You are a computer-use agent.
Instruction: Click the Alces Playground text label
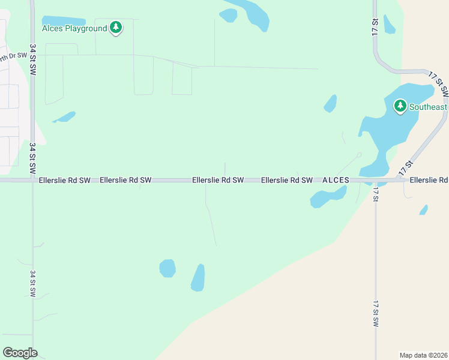point(74,28)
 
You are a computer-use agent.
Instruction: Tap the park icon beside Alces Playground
point(116,28)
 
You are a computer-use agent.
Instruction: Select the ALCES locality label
point(336,180)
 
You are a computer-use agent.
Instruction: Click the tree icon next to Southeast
point(400,107)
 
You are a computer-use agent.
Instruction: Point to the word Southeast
point(428,107)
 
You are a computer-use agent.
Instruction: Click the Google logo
point(20,353)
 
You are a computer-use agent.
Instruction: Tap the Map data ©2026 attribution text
point(423,355)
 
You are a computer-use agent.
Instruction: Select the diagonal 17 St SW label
point(438,83)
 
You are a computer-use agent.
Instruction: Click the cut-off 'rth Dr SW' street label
point(13,56)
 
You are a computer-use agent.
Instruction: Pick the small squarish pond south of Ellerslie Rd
point(167,268)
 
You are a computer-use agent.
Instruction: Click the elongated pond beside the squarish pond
point(197,278)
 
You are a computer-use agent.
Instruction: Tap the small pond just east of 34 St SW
point(64,116)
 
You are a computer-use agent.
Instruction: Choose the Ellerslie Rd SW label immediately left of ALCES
point(287,180)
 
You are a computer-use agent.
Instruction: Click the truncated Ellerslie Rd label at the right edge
point(429,180)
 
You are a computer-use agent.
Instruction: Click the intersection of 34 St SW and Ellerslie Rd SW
point(32,179)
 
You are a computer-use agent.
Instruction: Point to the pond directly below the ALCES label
point(328,196)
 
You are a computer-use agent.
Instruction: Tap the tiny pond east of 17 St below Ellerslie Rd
point(424,209)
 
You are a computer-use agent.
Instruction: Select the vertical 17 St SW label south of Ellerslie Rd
point(376,313)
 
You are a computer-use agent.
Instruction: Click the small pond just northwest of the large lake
point(330,104)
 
